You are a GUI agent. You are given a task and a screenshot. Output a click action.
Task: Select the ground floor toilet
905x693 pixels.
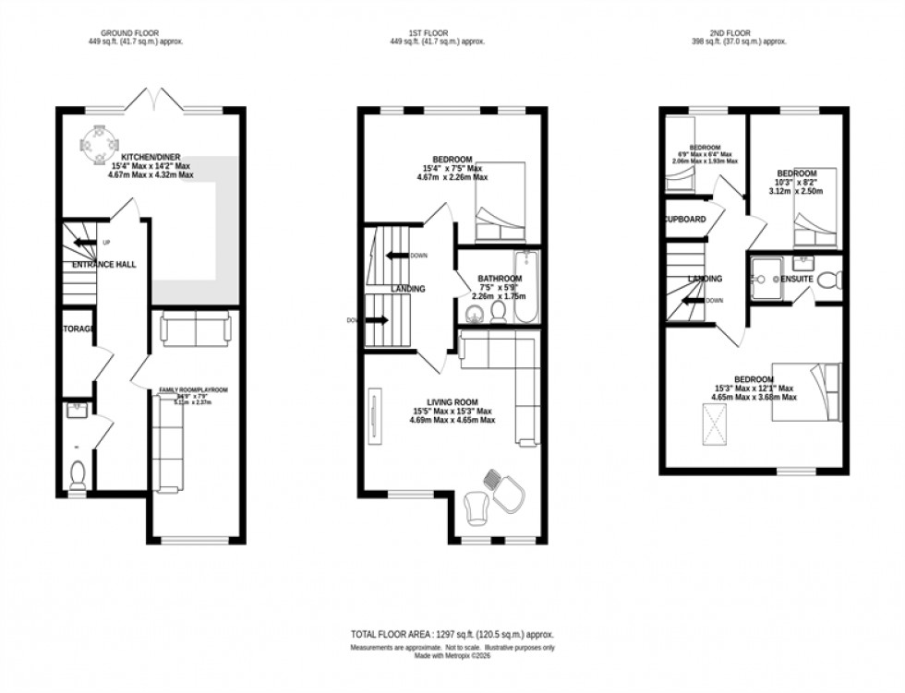[78, 474]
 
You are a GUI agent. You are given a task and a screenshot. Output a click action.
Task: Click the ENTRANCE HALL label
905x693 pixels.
[104, 265]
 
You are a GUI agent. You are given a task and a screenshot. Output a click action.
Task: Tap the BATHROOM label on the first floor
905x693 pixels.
[500, 279]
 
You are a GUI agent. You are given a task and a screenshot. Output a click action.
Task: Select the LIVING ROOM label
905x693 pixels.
[452, 401]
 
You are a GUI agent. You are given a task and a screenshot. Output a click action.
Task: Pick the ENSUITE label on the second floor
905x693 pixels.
[796, 279]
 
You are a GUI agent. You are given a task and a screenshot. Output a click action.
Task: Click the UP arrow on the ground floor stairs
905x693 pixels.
[85, 243]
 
